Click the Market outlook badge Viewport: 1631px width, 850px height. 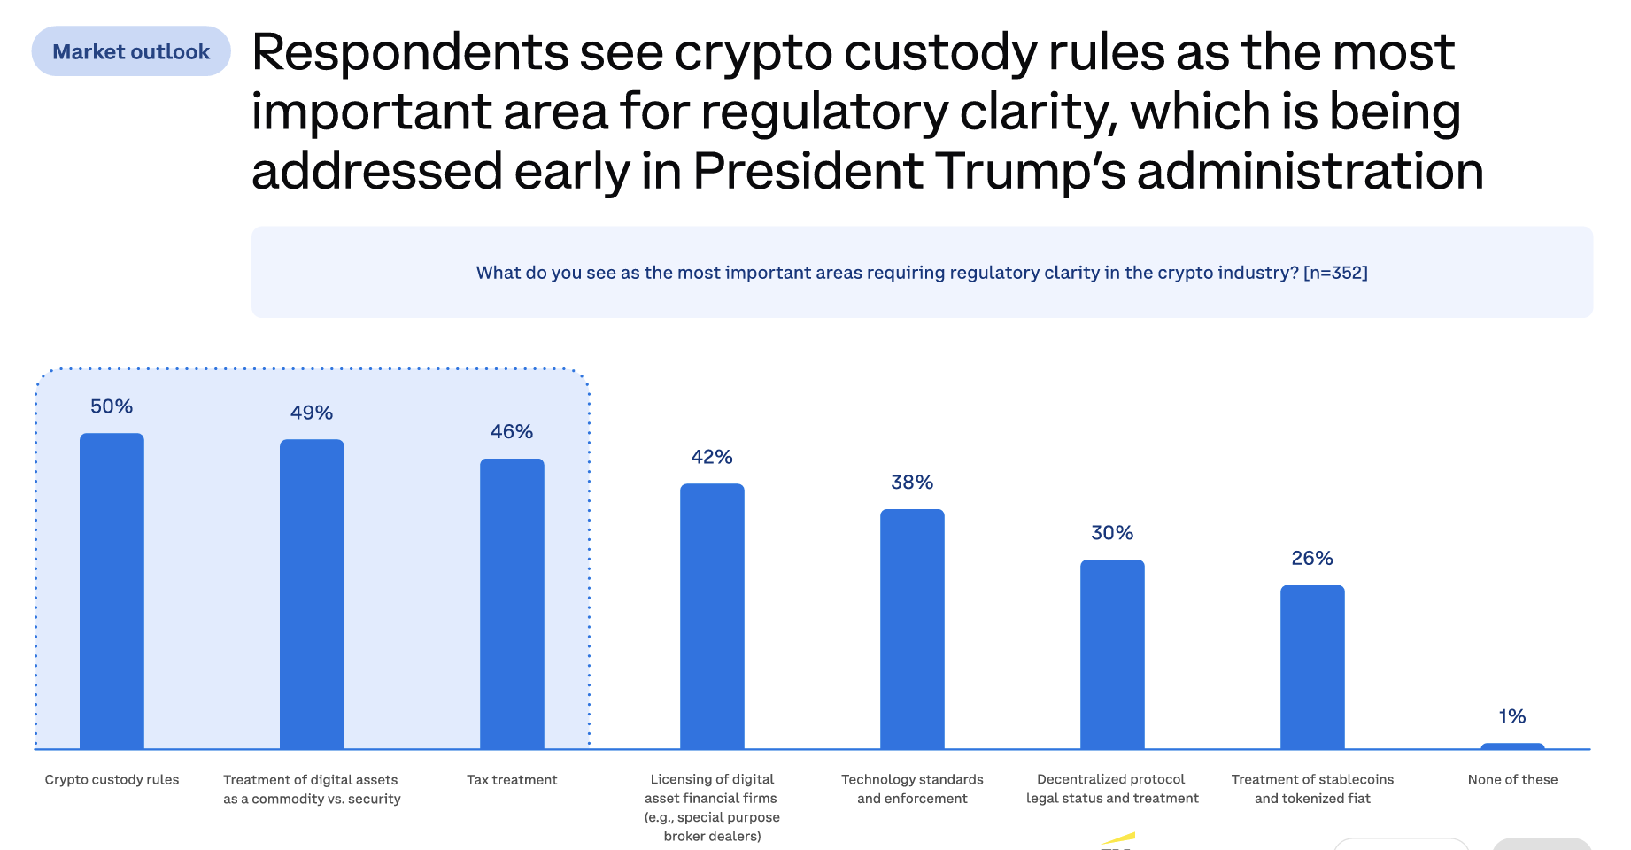pyautogui.click(x=131, y=51)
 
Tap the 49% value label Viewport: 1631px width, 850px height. pyautogui.click(x=312, y=413)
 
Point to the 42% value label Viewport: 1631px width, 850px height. pyautogui.click(x=712, y=457)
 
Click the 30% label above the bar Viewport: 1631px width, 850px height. pyautogui.click(x=1112, y=533)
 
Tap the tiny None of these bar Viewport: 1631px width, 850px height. pyautogui.click(x=1512, y=746)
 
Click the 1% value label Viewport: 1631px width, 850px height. pyautogui.click(x=1512, y=716)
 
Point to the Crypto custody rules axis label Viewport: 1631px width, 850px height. pyautogui.click(x=112, y=779)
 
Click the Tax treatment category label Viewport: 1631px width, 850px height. pyautogui.click(x=512, y=779)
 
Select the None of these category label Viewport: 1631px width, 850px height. pyautogui.click(x=1512, y=779)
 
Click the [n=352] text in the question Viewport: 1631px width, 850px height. pyautogui.click(x=1335, y=273)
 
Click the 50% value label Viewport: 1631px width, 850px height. pyautogui.click(x=112, y=406)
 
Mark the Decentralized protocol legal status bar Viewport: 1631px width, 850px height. pyautogui.click(x=1112, y=654)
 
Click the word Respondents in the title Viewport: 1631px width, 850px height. pyautogui.click(x=409, y=53)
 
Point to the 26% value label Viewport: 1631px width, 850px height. pyautogui.click(x=1312, y=558)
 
